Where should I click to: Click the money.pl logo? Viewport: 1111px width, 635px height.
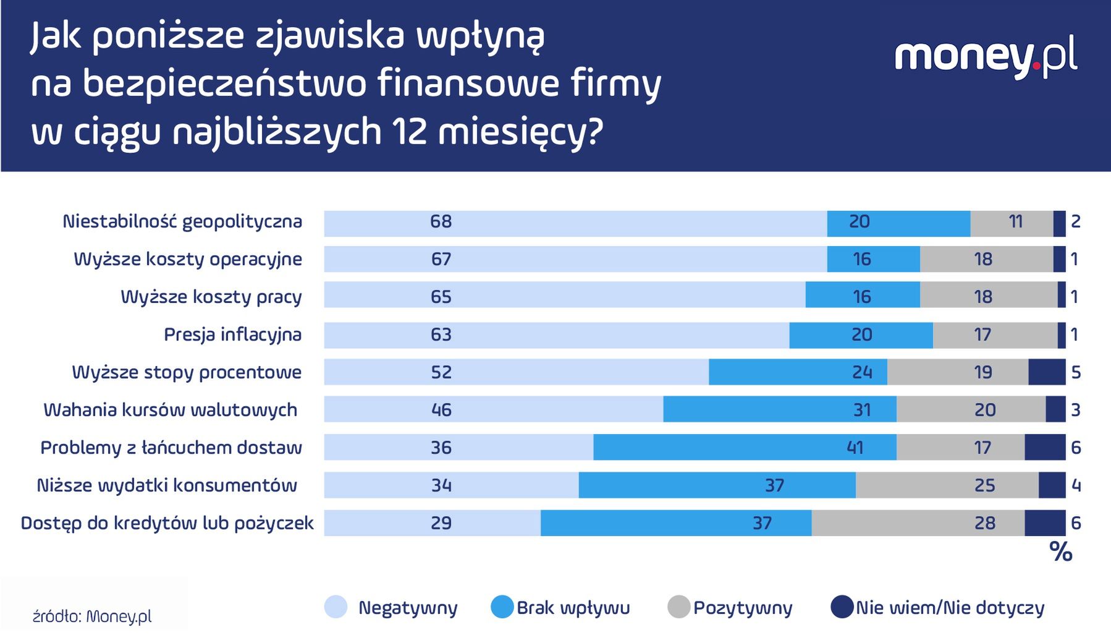pyautogui.click(x=986, y=57)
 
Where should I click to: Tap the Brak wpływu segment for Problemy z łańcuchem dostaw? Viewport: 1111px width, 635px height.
pyautogui.click(x=745, y=447)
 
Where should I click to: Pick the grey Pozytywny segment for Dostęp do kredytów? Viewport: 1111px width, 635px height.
pyautogui.click(x=918, y=523)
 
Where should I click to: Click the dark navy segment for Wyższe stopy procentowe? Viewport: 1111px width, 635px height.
pyautogui.click(x=1047, y=372)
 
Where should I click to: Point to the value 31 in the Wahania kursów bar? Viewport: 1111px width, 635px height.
pyautogui.click(x=861, y=410)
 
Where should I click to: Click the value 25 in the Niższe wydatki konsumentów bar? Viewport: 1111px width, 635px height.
pyautogui.click(x=984, y=485)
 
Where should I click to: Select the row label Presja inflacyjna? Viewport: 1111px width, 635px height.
pyautogui.click(x=232, y=335)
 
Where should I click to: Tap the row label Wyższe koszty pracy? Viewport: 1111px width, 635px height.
pyautogui.click(x=211, y=297)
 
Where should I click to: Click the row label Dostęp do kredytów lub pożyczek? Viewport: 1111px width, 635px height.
pyautogui.click(x=167, y=523)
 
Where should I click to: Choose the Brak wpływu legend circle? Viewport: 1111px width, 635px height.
pyautogui.click(x=502, y=607)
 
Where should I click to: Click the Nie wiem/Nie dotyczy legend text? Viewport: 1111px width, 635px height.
pyautogui.click(x=950, y=608)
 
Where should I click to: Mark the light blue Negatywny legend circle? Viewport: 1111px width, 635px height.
pyautogui.click(x=336, y=607)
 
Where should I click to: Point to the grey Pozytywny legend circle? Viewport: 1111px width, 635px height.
pyautogui.click(x=678, y=607)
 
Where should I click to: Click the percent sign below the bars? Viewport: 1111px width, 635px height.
pyautogui.click(x=1060, y=552)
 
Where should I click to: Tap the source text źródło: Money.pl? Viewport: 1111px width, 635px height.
pyautogui.click(x=92, y=616)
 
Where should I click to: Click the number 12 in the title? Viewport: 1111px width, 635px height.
pyautogui.click(x=409, y=132)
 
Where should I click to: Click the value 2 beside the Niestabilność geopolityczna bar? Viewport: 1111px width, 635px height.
pyautogui.click(x=1075, y=221)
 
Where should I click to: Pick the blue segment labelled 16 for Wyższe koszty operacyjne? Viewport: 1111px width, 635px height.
pyautogui.click(x=873, y=259)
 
